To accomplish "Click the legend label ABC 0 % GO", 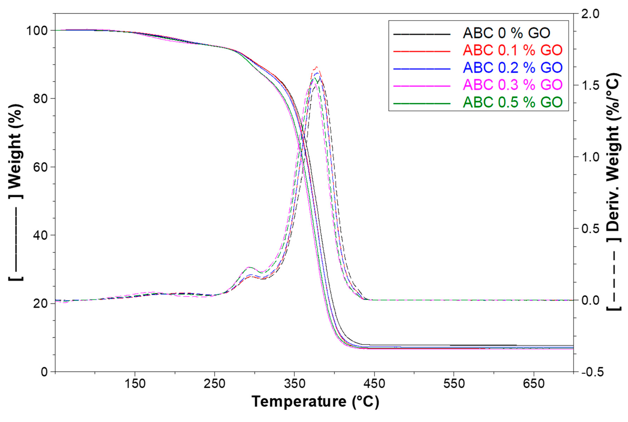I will [506, 33].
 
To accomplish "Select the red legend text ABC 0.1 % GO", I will [512, 50].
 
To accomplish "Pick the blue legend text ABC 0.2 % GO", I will [512, 67].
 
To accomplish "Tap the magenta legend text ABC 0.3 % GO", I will [512, 85].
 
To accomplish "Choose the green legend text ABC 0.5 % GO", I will [512, 102].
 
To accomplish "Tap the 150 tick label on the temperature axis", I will [135, 384].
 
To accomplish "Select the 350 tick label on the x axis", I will [294, 384].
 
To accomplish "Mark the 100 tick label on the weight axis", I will [37, 31].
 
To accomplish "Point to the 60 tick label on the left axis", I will [40, 167].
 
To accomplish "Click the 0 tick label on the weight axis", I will [45, 372].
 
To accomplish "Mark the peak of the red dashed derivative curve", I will [317, 67].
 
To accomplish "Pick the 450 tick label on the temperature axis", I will [374, 384].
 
